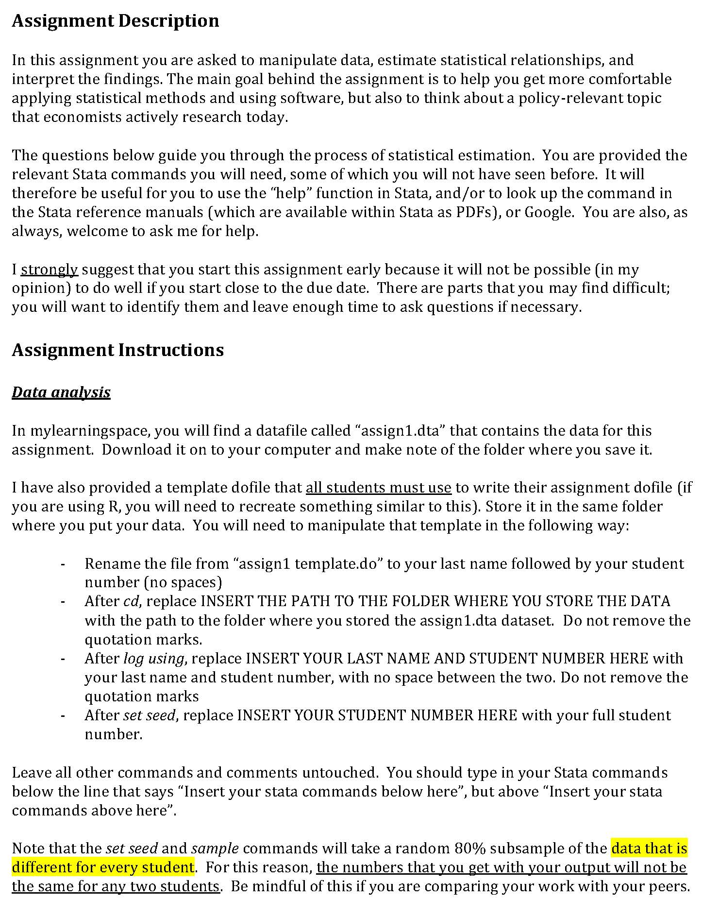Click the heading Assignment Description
click(115, 21)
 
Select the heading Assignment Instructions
click(117, 350)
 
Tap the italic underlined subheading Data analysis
click(61, 392)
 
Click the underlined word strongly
click(49, 270)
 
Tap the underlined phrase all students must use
click(379, 488)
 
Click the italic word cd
click(131, 601)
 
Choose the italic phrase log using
click(153, 659)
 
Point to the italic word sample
click(215, 848)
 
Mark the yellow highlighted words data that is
click(649, 848)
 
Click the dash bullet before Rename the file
click(63, 564)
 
